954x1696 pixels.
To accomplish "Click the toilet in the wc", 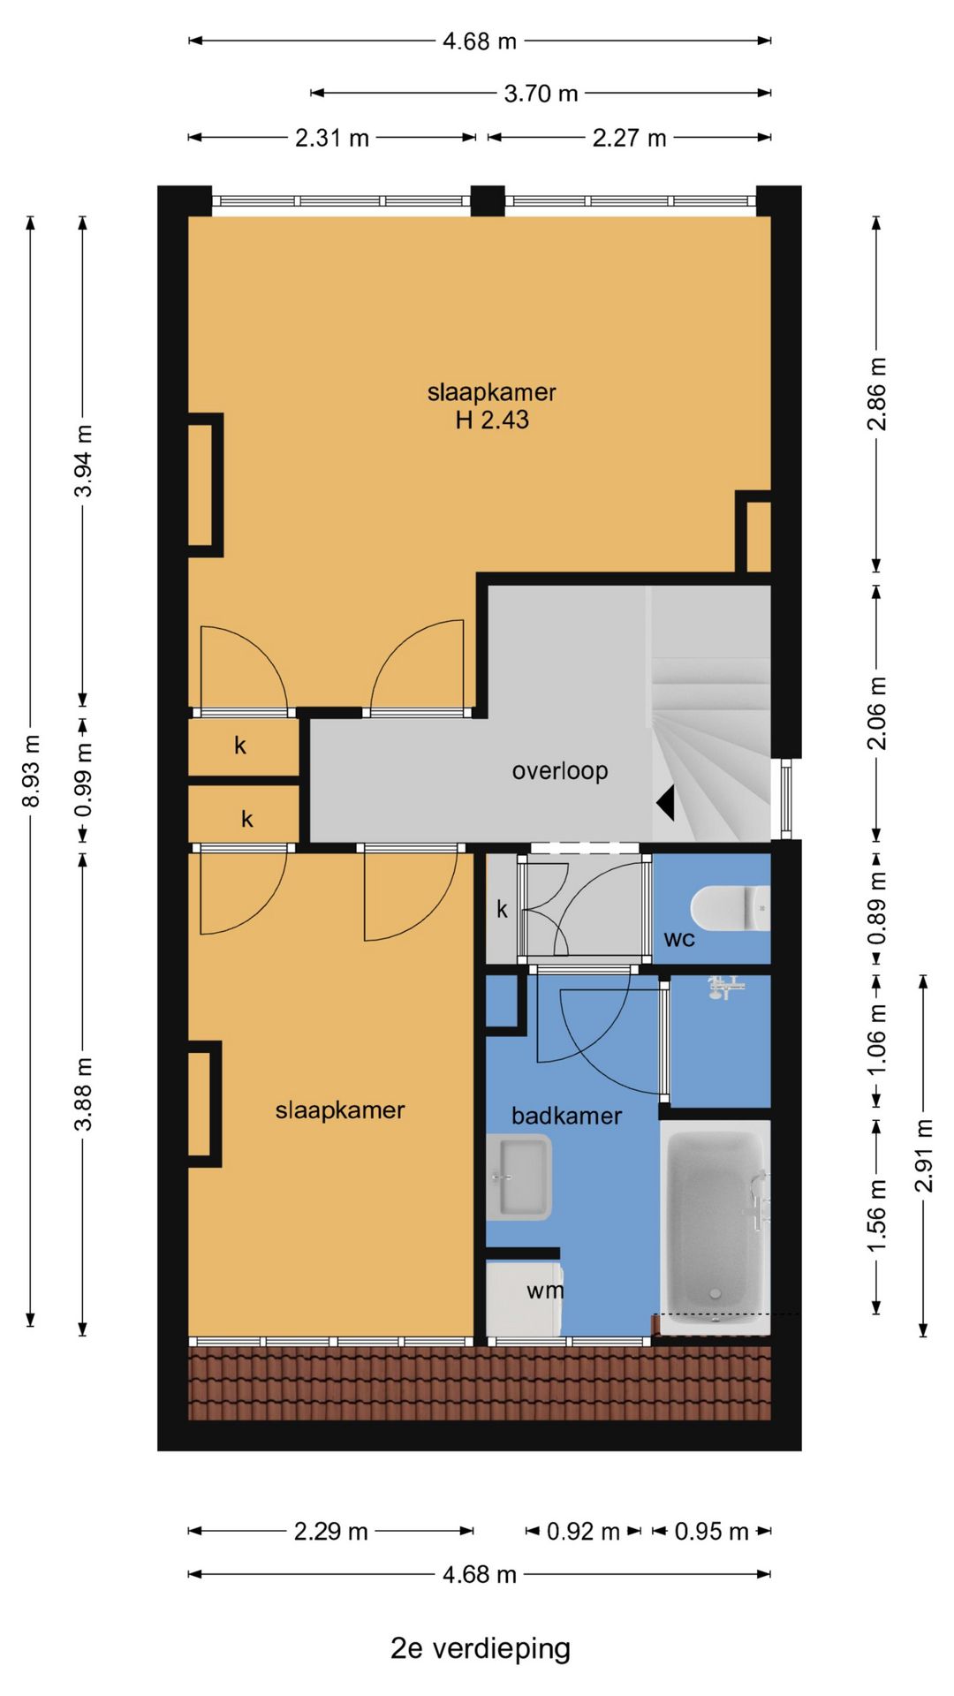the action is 731,908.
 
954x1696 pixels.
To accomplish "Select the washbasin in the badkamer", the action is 519,1177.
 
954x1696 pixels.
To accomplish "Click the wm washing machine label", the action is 545,1291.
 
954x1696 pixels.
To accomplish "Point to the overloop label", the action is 560,770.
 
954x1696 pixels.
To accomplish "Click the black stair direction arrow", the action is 665,803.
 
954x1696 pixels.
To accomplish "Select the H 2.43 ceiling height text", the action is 492,420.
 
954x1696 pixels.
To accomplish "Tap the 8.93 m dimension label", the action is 31,770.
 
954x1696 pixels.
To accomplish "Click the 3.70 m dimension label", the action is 541,93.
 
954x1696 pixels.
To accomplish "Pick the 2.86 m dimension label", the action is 876,394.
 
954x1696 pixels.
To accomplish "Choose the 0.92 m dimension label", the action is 583,1531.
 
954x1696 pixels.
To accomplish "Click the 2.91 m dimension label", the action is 924,1155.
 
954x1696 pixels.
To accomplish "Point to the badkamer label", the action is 566,1116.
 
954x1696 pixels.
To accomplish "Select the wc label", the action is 679,939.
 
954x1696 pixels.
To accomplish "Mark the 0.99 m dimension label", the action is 83,781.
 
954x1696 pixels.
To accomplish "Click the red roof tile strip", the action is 480,1382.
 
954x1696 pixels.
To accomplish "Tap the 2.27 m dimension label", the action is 629,138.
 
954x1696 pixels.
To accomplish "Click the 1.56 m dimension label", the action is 876,1215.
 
